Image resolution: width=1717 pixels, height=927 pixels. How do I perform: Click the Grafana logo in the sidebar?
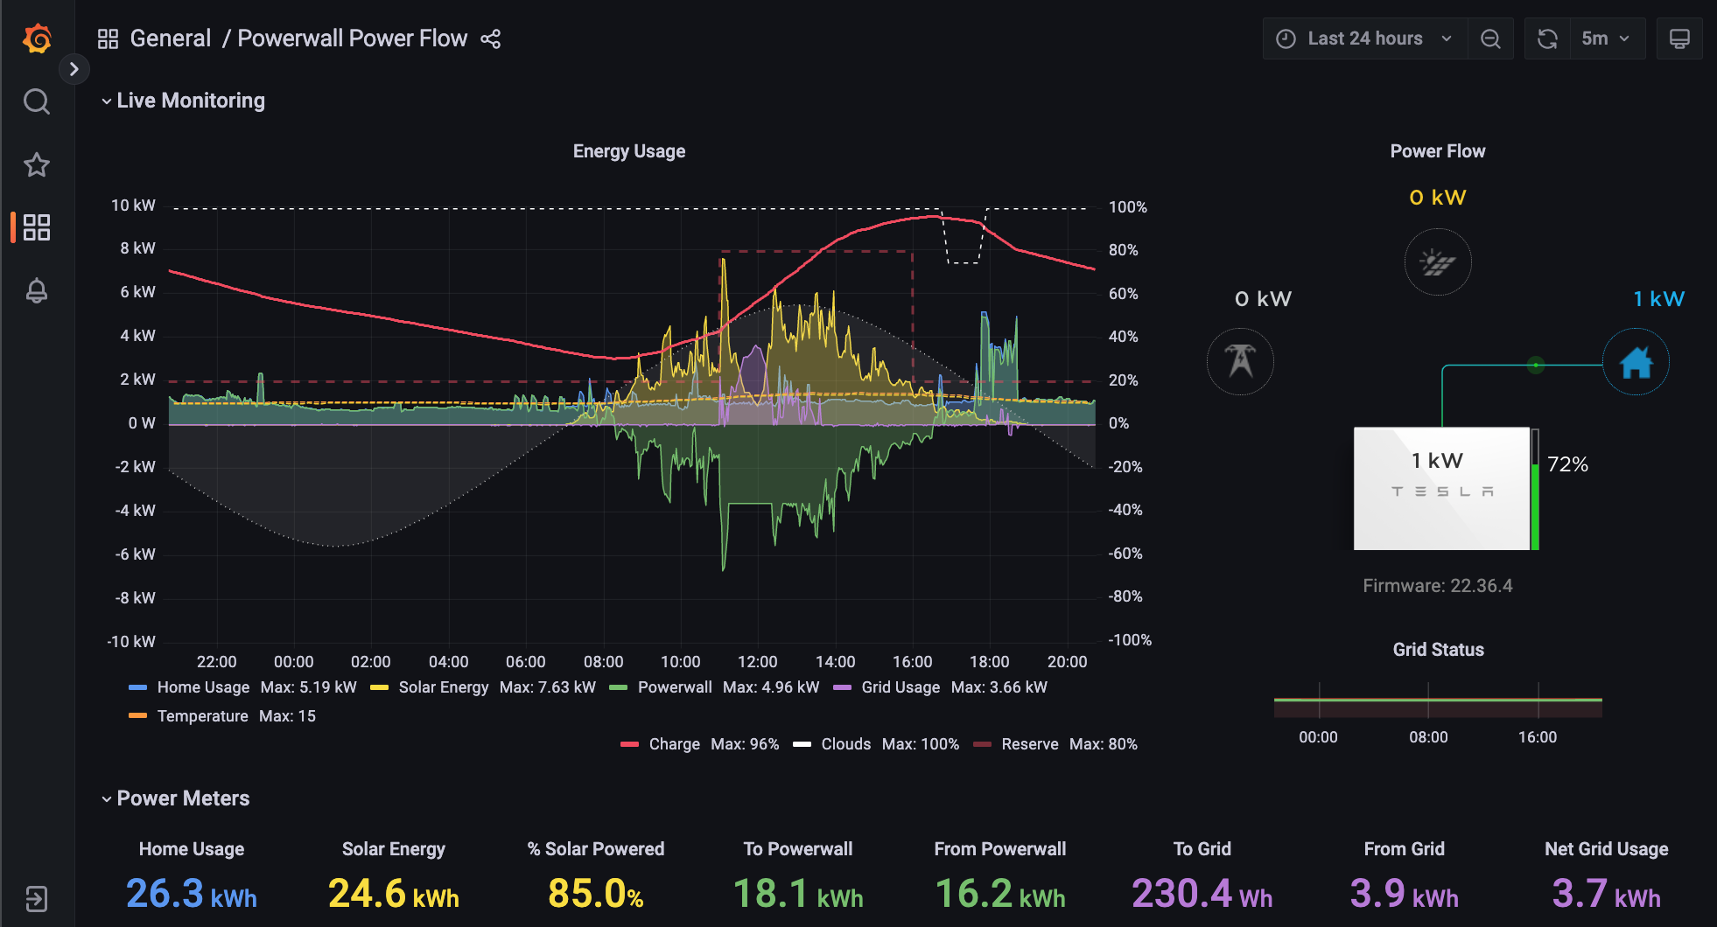coord(37,38)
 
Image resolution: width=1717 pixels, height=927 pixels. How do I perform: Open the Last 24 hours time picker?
coord(1363,38)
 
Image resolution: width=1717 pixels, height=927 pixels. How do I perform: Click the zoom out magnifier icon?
coord(1490,38)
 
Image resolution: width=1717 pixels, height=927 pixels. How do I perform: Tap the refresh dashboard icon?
coord(1547,38)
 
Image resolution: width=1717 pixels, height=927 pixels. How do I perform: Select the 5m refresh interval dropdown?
coord(1605,38)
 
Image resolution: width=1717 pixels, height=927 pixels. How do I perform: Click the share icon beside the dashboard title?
coord(491,38)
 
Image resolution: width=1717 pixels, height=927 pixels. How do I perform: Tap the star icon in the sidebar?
coord(37,164)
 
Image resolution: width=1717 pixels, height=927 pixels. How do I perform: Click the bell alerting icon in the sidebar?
coord(37,290)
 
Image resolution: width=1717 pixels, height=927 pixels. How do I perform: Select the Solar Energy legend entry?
coord(443,687)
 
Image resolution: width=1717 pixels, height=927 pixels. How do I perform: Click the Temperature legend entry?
coord(202,716)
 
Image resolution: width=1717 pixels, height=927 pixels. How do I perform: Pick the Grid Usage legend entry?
coord(900,687)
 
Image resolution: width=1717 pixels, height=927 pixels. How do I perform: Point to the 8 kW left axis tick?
coord(137,248)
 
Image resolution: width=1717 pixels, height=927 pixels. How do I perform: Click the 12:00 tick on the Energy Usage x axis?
coord(757,662)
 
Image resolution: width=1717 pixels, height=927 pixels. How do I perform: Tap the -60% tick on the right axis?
coord(1125,554)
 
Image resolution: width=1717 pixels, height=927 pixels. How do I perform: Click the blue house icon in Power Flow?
coord(1636,362)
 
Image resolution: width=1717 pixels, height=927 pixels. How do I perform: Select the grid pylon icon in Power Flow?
coord(1240,361)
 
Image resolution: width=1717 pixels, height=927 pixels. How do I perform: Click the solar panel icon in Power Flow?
coord(1437,262)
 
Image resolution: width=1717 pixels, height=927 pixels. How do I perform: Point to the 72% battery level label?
coord(1567,464)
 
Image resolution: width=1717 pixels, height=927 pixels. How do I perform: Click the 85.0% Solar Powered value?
coord(595,894)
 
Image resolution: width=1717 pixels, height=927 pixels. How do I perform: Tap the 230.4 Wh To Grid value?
coord(1202,894)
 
